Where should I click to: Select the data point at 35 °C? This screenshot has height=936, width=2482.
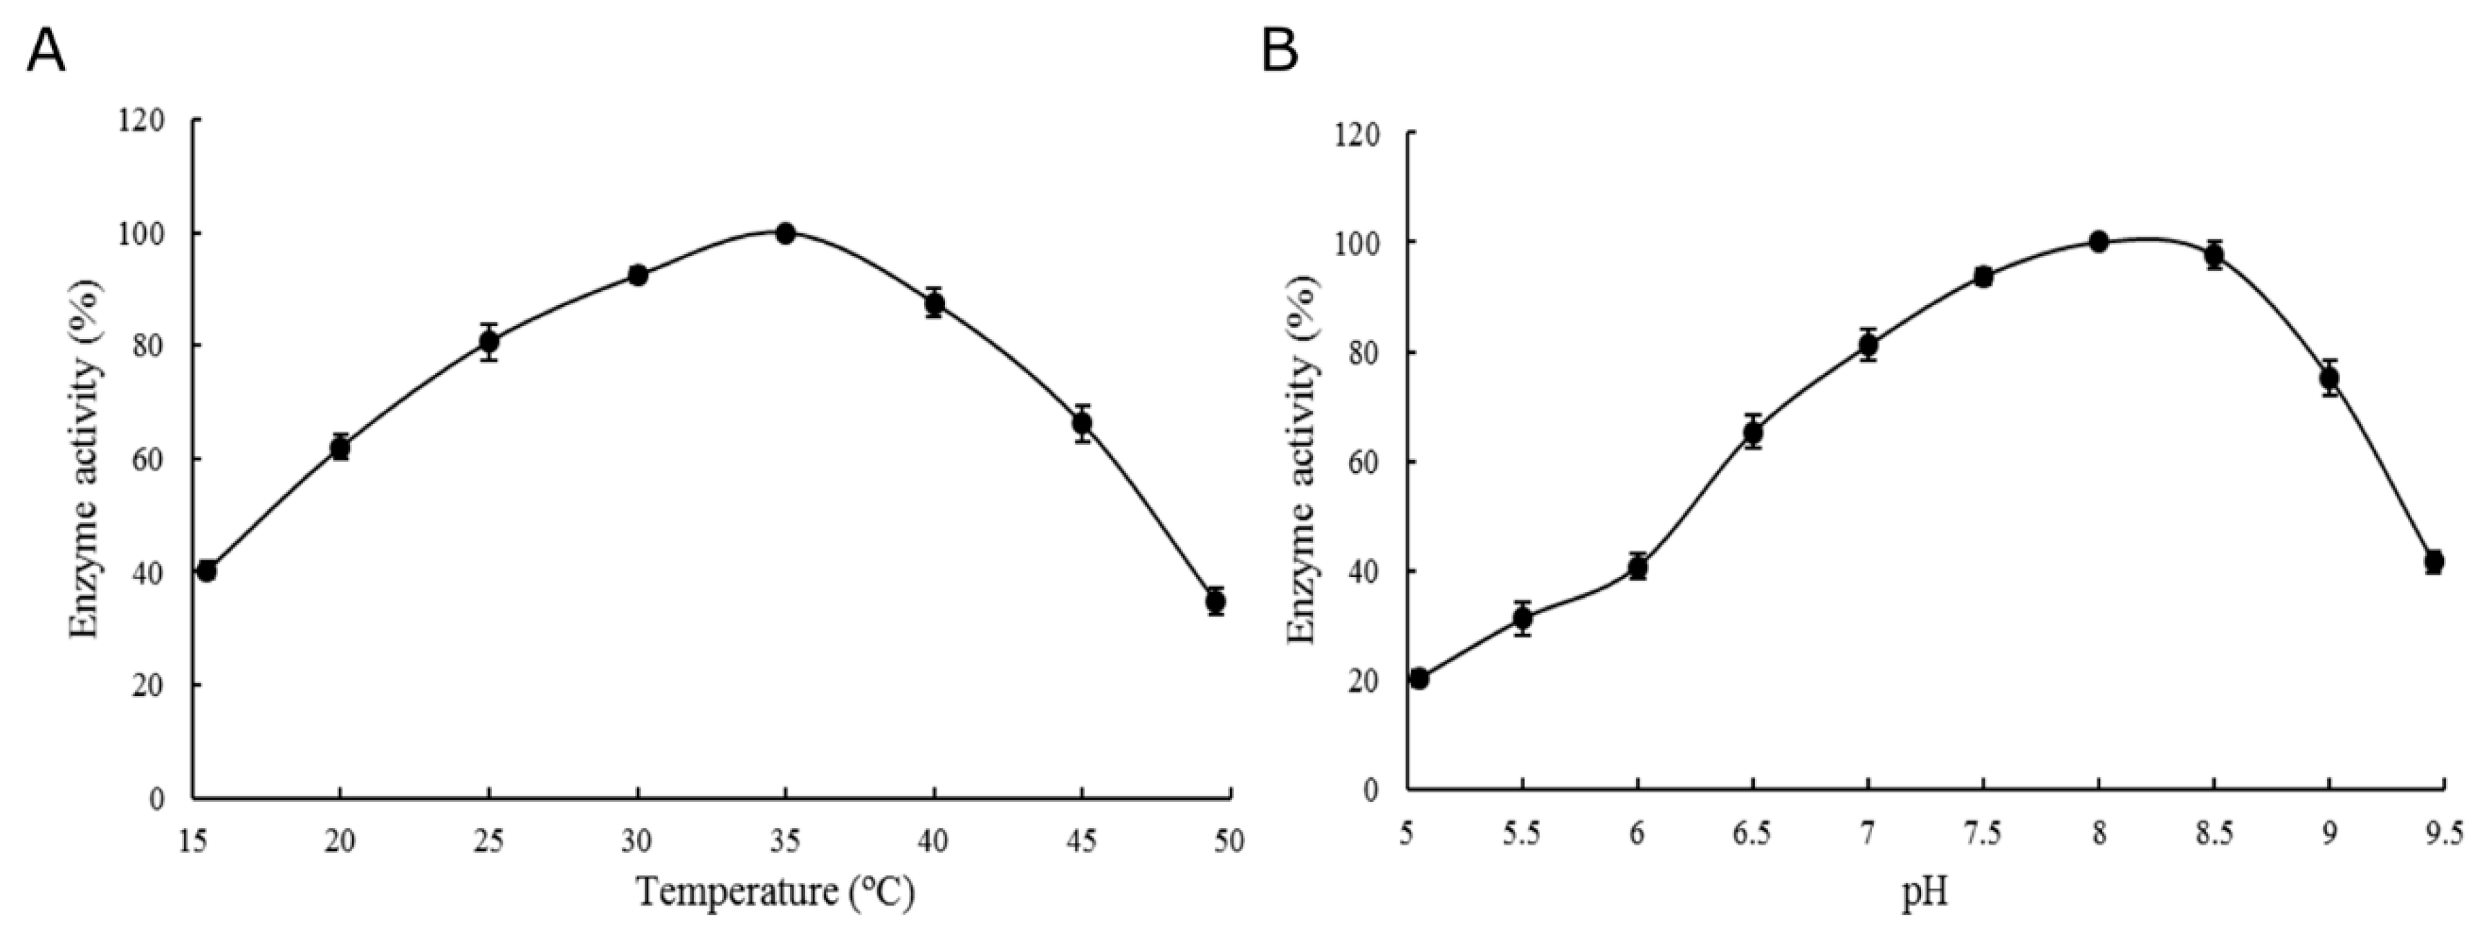(785, 233)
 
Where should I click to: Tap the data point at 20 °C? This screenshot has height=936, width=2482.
(339, 448)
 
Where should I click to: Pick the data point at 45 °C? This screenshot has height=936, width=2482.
(1082, 422)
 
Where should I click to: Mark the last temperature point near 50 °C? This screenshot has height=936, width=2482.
(1216, 601)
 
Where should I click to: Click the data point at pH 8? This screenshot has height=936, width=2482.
(2099, 241)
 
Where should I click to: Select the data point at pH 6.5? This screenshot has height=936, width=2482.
(1753, 433)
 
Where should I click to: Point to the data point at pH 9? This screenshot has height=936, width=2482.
(2330, 379)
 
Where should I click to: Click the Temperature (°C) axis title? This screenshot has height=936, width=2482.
(775, 892)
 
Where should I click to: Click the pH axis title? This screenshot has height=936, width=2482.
(1925, 894)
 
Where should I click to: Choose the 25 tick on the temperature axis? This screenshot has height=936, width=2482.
(488, 841)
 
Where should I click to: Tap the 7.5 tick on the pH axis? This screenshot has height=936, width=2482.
(1983, 833)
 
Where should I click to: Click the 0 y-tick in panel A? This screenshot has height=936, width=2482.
(157, 798)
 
